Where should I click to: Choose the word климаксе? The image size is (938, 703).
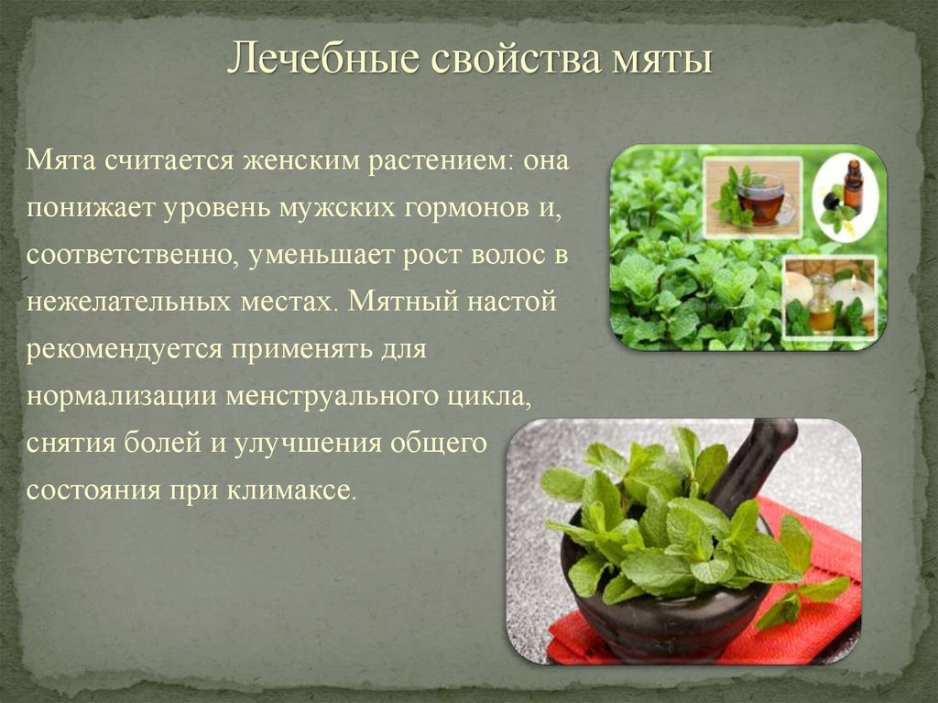[x=290, y=490]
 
